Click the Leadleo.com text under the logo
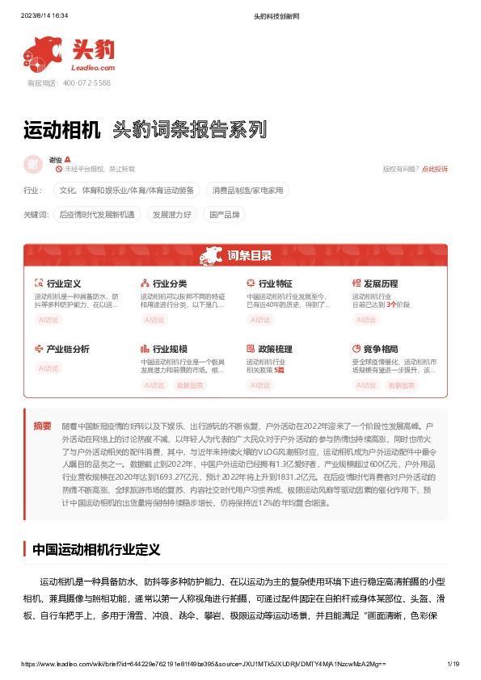pyautogui.click(x=95, y=68)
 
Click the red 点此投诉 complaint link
pyautogui.click(x=435, y=169)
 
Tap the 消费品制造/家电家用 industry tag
pyautogui.click(x=248, y=191)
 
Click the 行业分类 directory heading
pyautogui.click(x=169, y=283)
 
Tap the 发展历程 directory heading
pyautogui.click(x=380, y=283)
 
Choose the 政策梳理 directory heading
pyautogui.click(x=275, y=349)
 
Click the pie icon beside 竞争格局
pyautogui.click(x=357, y=349)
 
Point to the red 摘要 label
pyautogui.click(x=43, y=426)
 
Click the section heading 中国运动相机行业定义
pyautogui.click(x=96, y=550)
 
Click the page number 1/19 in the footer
pyautogui.click(x=453, y=663)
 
